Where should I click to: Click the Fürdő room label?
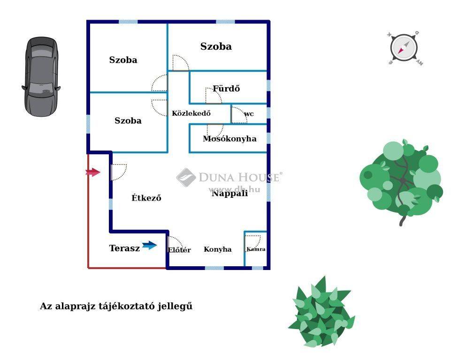(226, 89)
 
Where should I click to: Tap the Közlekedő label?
(191, 113)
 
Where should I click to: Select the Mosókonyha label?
(229, 139)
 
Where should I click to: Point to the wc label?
(249, 114)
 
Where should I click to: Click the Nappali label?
(229, 193)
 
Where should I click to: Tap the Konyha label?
(218, 249)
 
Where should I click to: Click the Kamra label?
(256, 249)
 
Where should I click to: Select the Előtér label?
(179, 250)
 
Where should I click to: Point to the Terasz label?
(124, 248)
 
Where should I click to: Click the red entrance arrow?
(93, 172)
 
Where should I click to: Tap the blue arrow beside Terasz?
(150, 245)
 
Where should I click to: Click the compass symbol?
(404, 48)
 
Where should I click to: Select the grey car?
(41, 76)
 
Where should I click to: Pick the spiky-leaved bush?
(321, 312)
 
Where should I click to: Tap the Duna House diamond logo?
(186, 177)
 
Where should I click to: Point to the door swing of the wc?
(239, 115)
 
